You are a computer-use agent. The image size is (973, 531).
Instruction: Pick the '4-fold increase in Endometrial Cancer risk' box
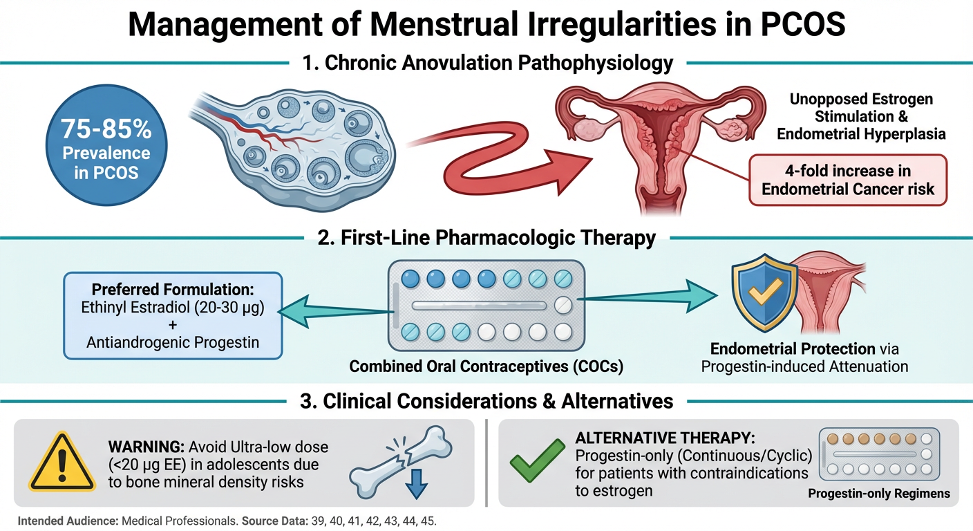847,180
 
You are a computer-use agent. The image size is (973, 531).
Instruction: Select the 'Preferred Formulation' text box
172,315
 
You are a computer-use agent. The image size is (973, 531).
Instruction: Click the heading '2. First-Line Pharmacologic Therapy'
486,239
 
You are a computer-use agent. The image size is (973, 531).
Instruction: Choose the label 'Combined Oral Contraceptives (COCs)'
486,366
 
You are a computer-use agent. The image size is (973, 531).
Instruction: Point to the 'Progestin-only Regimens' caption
879,494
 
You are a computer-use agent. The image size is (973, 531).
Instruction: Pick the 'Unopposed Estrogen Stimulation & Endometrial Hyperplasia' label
861,116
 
